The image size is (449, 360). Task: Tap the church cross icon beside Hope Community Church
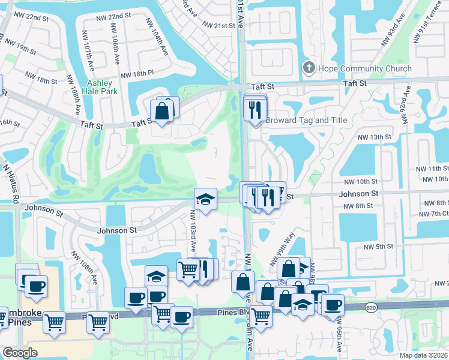click(x=310, y=68)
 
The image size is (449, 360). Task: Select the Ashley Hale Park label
click(x=102, y=88)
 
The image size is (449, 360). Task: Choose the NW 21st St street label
click(x=219, y=26)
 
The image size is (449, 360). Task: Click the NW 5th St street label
click(x=378, y=246)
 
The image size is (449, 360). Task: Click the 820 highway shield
click(x=370, y=307)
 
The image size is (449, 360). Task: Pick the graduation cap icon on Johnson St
click(x=205, y=199)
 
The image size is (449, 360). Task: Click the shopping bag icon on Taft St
click(x=162, y=110)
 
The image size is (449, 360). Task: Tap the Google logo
click(x=20, y=353)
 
